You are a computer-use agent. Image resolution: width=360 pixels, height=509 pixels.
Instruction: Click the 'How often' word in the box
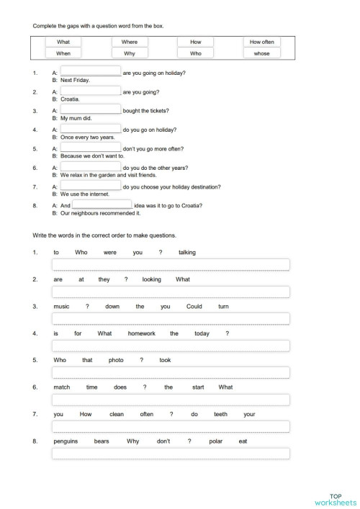[x=262, y=42]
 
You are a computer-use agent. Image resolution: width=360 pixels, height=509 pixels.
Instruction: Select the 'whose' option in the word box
[x=262, y=53]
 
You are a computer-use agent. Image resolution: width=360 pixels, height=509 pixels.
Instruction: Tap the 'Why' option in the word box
[x=130, y=53]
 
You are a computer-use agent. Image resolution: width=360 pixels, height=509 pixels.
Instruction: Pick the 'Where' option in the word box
[x=130, y=42]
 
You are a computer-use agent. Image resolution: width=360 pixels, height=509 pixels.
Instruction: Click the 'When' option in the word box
[x=63, y=53]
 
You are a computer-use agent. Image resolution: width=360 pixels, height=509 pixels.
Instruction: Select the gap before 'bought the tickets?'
[x=91, y=109]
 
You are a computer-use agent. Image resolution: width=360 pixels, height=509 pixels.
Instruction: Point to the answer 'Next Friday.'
[x=75, y=80]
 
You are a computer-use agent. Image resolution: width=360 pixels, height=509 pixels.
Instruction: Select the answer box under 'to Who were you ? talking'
[x=171, y=264]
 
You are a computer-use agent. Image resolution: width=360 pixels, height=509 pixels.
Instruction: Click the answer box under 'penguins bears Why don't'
[x=171, y=454]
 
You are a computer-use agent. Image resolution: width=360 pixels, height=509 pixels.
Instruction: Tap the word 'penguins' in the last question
[x=65, y=441]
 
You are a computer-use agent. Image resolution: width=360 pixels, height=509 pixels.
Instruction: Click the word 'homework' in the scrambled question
[x=138, y=333]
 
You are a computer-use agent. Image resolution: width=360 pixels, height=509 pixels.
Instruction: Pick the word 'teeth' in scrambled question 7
[x=221, y=415]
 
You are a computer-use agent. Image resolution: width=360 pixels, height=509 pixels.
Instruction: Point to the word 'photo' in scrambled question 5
[x=116, y=360]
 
